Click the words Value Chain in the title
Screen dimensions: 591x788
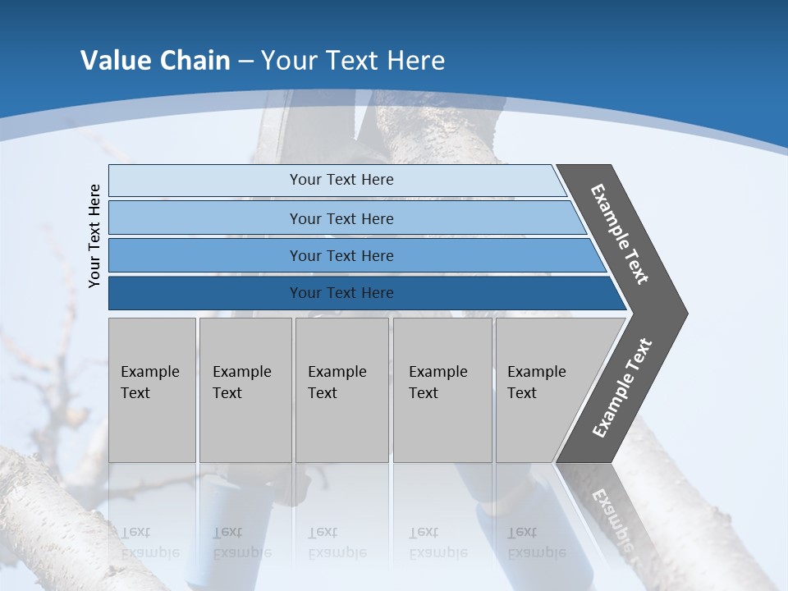point(155,61)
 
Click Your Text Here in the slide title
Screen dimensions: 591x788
point(353,61)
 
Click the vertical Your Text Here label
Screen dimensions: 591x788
point(94,236)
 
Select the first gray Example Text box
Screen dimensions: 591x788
point(152,390)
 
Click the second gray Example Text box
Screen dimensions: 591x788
point(245,390)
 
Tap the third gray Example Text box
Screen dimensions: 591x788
point(341,390)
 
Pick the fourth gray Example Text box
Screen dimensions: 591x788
point(442,390)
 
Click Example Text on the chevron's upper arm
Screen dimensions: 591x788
point(620,234)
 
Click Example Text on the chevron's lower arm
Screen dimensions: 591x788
point(622,387)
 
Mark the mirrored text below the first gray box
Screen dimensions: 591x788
point(149,543)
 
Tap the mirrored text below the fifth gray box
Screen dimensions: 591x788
point(536,543)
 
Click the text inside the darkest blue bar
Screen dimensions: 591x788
point(341,293)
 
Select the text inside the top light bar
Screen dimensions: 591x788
point(341,180)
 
